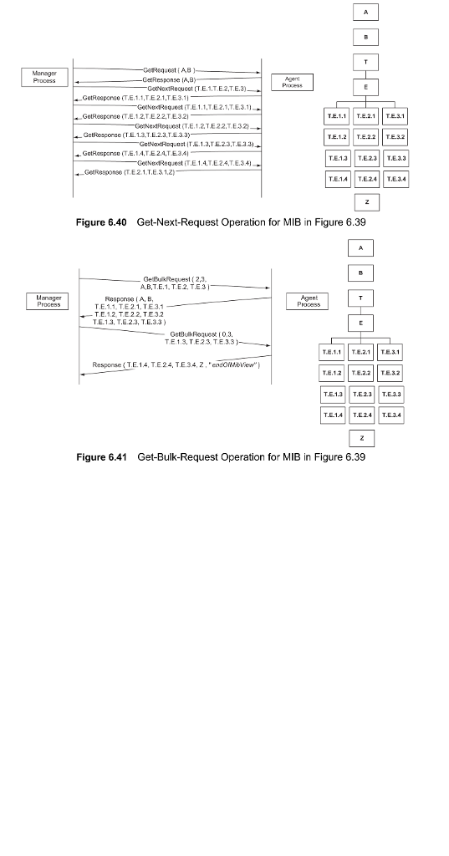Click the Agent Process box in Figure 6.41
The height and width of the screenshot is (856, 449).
[309, 301]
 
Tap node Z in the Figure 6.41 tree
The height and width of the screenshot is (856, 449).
[362, 438]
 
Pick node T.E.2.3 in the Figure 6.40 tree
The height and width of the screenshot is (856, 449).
[365, 158]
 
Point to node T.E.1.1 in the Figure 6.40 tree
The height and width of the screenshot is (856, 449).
[337, 115]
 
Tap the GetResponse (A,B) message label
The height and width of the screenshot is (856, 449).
[164, 77]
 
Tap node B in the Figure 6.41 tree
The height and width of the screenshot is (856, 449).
[362, 272]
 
